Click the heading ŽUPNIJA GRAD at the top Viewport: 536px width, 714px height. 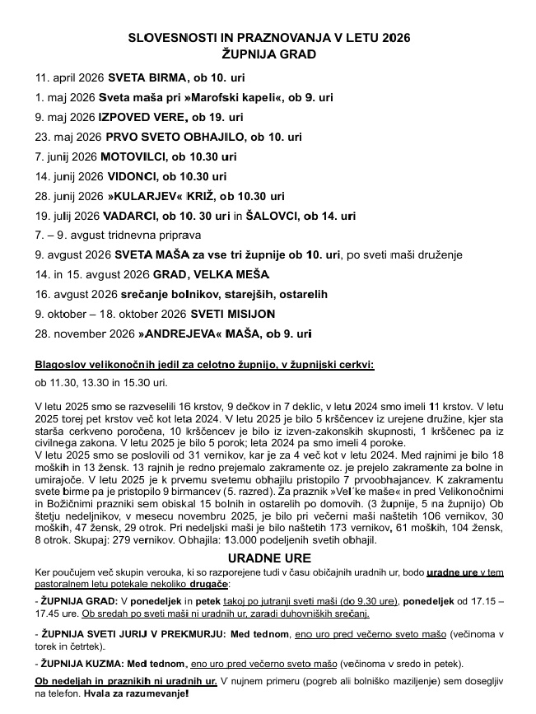(269, 54)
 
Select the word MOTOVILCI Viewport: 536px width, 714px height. (135, 156)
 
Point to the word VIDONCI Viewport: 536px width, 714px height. (129, 176)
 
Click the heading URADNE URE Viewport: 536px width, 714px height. (268, 558)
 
